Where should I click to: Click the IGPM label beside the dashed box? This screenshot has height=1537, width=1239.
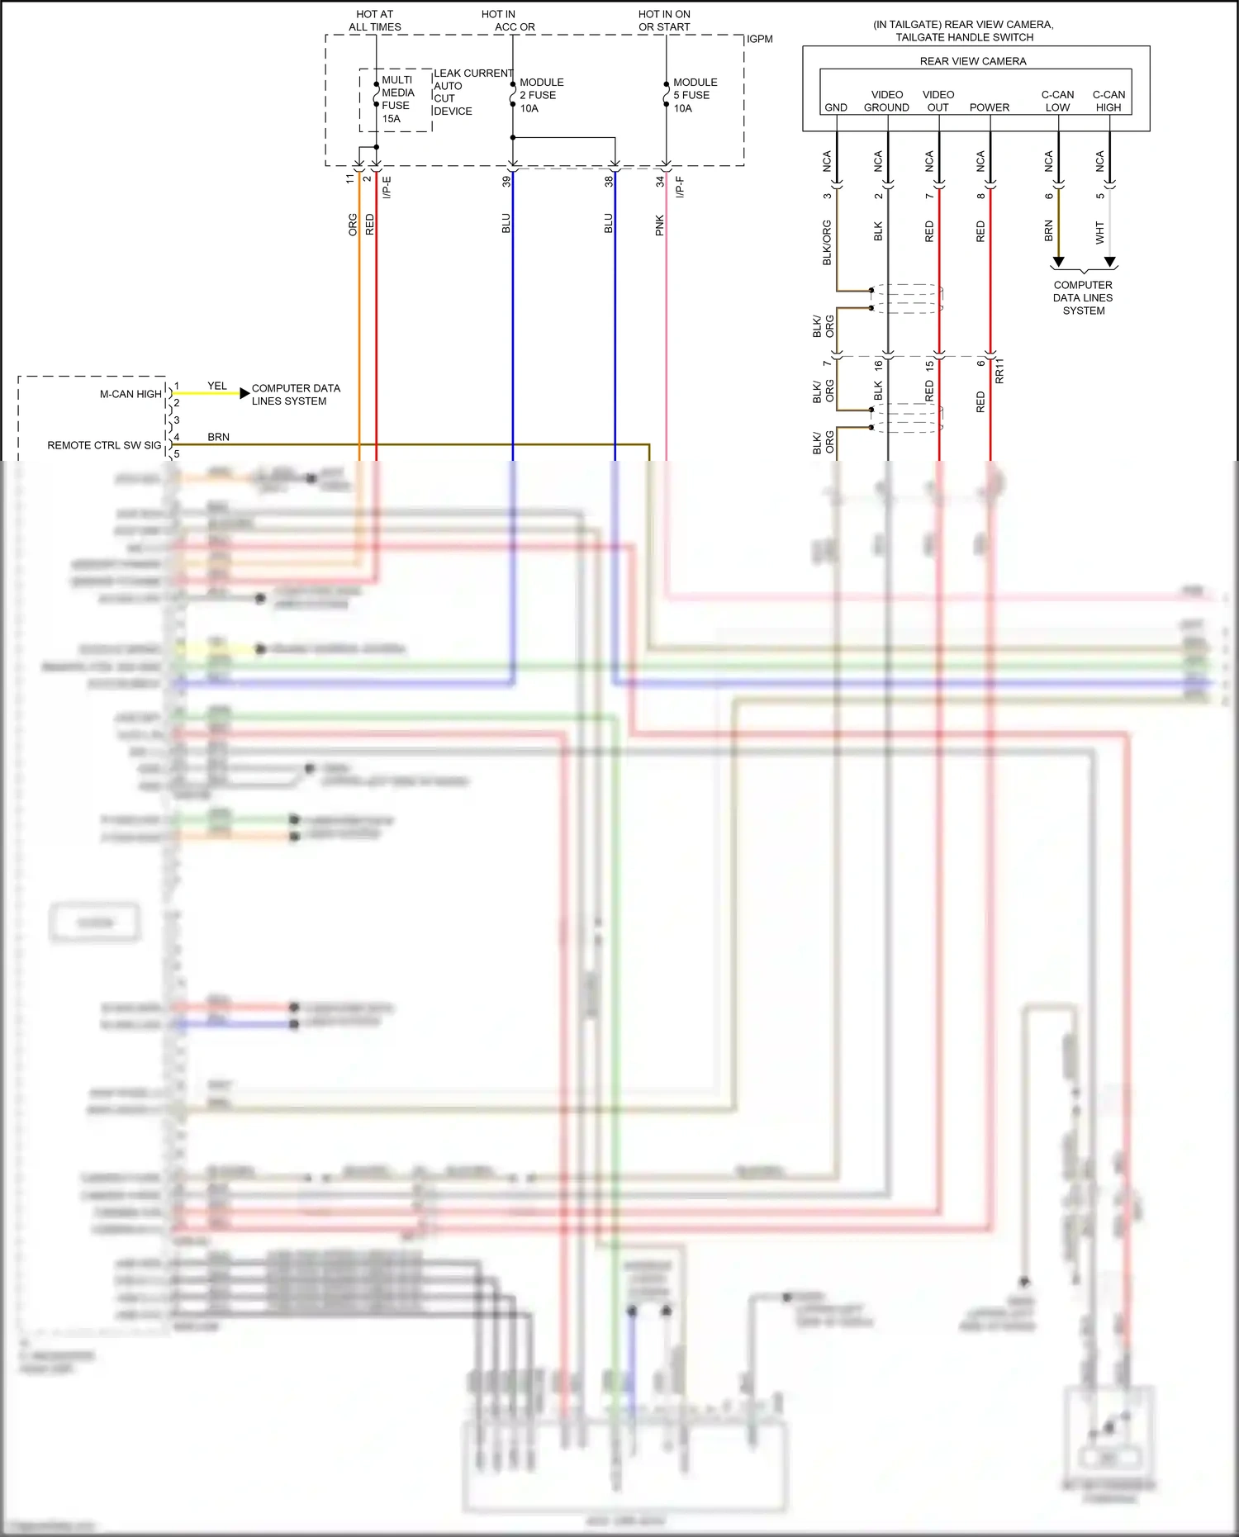click(760, 39)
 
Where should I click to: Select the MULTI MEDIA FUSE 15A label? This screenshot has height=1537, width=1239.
click(397, 99)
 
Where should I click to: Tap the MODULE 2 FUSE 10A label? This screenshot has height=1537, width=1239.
click(541, 95)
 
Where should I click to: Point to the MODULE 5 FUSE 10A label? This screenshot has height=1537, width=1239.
click(695, 95)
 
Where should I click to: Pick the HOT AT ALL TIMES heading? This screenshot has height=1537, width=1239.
click(375, 21)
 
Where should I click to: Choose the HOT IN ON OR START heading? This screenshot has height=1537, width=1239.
click(664, 21)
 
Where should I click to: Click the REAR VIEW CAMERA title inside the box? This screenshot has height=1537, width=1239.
click(973, 61)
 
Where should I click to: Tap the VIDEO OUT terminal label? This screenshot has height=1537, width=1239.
click(938, 101)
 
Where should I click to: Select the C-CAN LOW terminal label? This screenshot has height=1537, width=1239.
click(1057, 101)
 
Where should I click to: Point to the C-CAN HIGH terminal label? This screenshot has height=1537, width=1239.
click(1108, 101)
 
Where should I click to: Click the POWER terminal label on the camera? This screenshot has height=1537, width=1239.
click(990, 107)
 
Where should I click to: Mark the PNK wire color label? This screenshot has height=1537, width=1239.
click(660, 225)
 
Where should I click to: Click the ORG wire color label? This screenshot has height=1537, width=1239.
click(353, 225)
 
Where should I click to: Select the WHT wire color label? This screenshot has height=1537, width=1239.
click(1100, 232)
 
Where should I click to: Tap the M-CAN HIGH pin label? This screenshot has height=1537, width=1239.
click(131, 394)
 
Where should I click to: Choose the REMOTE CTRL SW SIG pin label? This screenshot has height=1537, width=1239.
click(104, 445)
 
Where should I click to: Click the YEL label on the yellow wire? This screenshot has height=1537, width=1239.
click(217, 386)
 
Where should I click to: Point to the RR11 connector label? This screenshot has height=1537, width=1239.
click(999, 371)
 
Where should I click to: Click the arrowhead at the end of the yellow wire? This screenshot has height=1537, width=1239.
click(244, 393)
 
